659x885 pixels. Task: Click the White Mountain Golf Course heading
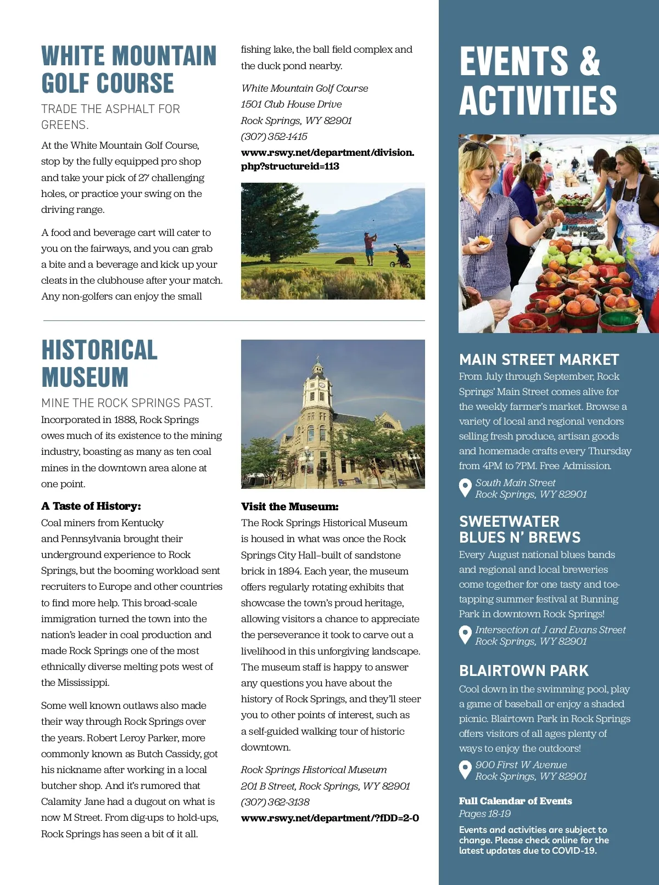(129, 70)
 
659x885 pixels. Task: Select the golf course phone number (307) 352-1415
(274, 137)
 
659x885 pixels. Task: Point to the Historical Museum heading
(99, 364)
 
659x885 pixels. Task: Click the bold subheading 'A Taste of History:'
(91, 506)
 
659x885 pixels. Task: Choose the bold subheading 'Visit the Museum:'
(290, 507)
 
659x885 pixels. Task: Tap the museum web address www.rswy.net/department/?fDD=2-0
(330, 818)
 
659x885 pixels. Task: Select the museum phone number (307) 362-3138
(275, 802)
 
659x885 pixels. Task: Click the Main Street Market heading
(539, 360)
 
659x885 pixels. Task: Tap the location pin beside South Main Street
(465, 487)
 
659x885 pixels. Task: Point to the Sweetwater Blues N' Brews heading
(520, 529)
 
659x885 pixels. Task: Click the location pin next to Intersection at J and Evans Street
(465, 634)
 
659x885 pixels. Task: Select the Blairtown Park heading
(524, 671)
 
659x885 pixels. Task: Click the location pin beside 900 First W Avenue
(465, 769)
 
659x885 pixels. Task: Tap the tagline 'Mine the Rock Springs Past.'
(127, 403)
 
